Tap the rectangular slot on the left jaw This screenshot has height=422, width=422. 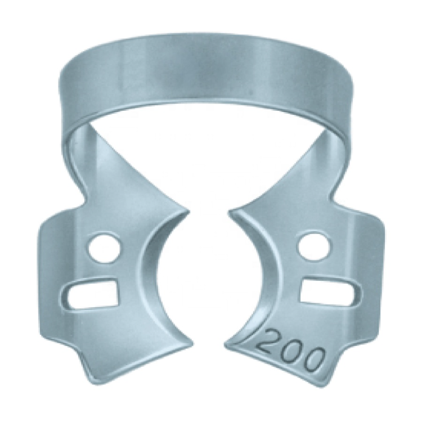click(93, 293)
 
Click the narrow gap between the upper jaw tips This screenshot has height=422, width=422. click(209, 214)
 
